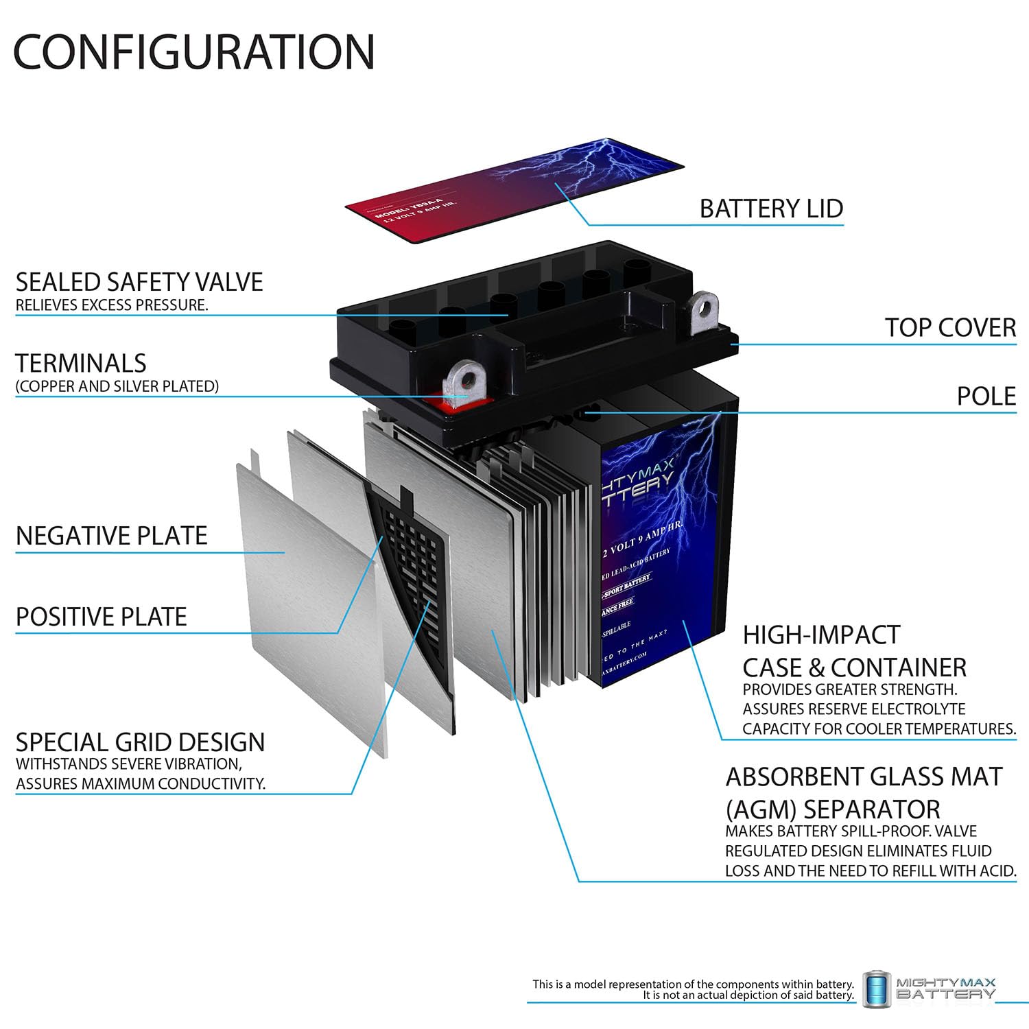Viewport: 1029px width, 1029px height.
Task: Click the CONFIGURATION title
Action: [194, 51]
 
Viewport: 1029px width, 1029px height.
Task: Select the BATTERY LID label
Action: [771, 209]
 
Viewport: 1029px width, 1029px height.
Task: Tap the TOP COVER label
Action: [950, 328]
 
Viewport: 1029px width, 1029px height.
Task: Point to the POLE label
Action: [986, 397]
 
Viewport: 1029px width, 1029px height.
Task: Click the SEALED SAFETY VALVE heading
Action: [139, 282]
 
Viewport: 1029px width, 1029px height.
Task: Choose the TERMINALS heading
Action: [81, 363]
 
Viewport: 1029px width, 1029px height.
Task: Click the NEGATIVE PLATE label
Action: [111, 536]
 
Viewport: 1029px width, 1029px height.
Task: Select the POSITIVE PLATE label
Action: [101, 617]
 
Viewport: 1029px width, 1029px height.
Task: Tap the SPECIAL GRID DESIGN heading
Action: [140, 742]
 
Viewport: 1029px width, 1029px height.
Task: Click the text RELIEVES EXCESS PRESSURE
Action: [112, 305]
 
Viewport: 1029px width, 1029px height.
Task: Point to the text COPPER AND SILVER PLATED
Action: [117, 386]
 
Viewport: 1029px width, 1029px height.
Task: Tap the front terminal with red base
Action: [464, 388]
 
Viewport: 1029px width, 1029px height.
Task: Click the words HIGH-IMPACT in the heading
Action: [820, 635]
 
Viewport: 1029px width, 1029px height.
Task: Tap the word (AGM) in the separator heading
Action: [760, 809]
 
